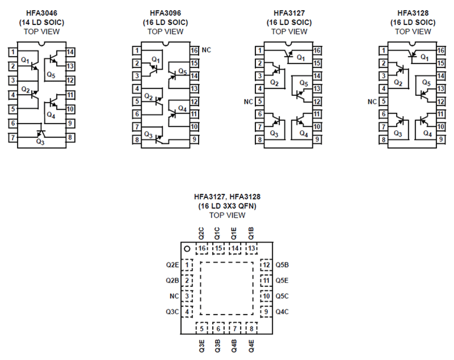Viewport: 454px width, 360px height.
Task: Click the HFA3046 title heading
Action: pyautogui.click(x=42, y=13)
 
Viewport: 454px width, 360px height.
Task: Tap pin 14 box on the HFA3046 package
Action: pyautogui.click(x=70, y=52)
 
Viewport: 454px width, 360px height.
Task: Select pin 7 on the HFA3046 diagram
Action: pyautogui.click(x=13, y=138)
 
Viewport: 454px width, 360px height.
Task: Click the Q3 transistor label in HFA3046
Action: pyautogui.click(x=40, y=142)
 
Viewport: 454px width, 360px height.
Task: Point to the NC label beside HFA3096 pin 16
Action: pyautogui.click(x=206, y=50)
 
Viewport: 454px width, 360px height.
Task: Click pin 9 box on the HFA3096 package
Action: pyautogui.click(x=194, y=139)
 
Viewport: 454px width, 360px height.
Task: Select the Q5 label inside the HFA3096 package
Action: pyautogui.click(x=183, y=71)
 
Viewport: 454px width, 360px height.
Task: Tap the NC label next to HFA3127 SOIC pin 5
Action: pyautogui.click(x=248, y=102)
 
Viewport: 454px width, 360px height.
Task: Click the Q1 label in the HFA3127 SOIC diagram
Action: pyautogui.click(x=301, y=57)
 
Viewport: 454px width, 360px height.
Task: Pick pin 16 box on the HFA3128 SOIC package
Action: pyautogui.click(x=441, y=51)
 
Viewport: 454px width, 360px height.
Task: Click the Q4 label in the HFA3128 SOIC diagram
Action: pyautogui.click(x=427, y=134)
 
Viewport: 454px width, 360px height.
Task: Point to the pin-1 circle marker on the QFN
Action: pyautogui.click(x=187, y=249)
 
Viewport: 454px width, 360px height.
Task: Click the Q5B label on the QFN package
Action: pyautogui.click(x=282, y=265)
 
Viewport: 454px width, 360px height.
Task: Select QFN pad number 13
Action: pyautogui.click(x=252, y=248)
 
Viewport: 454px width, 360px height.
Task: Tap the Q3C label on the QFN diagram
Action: pyautogui.click(x=172, y=312)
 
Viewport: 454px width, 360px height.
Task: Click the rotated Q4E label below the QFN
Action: pyautogui.click(x=251, y=346)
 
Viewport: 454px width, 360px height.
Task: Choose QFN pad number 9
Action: pyautogui.click(x=266, y=312)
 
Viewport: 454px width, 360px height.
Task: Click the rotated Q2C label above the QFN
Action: pyautogui.click(x=201, y=233)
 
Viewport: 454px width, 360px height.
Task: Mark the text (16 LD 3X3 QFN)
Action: pyautogui.click(x=227, y=206)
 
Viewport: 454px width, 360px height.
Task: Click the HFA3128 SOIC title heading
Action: pyautogui.click(x=413, y=13)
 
